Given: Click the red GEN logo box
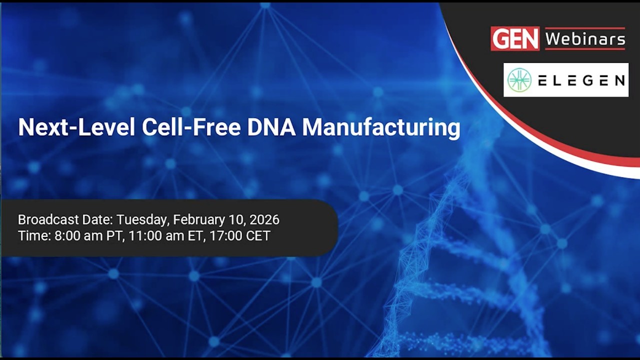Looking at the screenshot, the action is tap(515, 38).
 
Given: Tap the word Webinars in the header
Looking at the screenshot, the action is tap(585, 38).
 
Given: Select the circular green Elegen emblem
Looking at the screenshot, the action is tap(519, 80).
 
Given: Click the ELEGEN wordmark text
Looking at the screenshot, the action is tap(581, 80).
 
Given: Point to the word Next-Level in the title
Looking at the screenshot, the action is tap(76, 127).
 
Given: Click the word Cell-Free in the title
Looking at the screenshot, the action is tap(191, 127).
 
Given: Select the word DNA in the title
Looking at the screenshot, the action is tap(271, 127).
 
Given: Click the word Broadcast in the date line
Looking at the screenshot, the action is tap(48, 219).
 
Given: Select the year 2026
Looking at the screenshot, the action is tap(264, 219).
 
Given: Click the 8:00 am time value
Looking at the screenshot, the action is tap(78, 235).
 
